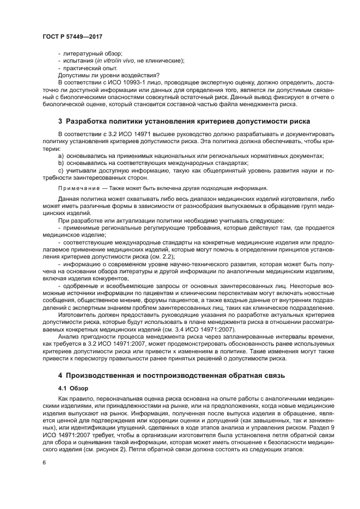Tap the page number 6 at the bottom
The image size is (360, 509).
point(44,462)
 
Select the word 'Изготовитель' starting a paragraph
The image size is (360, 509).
point(77,316)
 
